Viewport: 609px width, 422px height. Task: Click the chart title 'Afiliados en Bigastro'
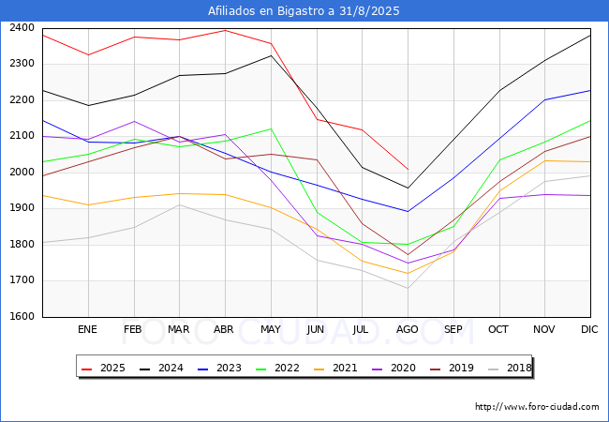pos(304,11)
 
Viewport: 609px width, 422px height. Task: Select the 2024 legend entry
pos(162,368)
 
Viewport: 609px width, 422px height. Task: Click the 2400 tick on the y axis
pos(22,27)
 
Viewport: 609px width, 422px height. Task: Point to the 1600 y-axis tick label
pos(22,317)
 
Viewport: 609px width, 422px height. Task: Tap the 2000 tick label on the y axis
pos(22,173)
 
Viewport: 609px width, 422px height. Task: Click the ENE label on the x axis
pos(87,330)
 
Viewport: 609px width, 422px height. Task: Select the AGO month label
pos(407,330)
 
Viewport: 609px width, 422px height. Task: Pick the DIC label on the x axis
pos(589,330)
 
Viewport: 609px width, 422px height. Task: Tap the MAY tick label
pos(270,330)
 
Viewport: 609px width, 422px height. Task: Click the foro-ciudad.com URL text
pos(537,407)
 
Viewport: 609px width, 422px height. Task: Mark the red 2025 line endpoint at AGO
pos(408,170)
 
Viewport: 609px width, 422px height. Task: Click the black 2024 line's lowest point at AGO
pos(408,188)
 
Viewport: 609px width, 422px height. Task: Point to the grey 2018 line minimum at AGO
pos(408,288)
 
